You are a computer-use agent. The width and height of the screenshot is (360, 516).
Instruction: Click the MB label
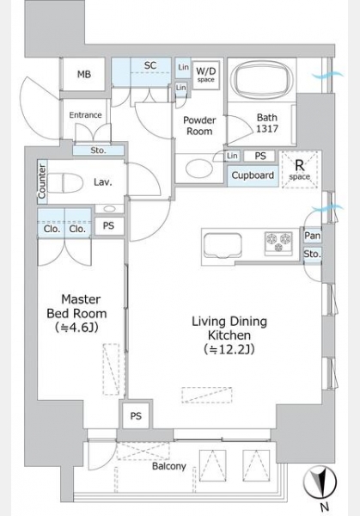click(x=84, y=74)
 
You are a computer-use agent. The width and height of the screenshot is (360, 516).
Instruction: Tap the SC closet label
click(x=149, y=65)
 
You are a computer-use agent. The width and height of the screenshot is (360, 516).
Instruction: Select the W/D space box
click(x=206, y=76)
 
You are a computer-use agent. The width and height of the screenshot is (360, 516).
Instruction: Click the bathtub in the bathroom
click(x=261, y=80)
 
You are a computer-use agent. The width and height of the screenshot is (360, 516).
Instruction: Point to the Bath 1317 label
click(x=267, y=123)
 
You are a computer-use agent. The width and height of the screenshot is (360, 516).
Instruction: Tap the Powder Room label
click(x=199, y=126)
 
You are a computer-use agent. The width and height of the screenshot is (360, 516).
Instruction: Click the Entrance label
click(x=85, y=115)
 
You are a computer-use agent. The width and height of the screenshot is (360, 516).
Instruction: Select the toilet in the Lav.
click(x=65, y=183)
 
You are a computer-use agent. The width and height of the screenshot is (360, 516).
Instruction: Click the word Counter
click(x=42, y=181)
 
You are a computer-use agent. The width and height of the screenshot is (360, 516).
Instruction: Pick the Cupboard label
click(x=253, y=175)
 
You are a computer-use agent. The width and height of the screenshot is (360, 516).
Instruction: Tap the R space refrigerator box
click(x=300, y=169)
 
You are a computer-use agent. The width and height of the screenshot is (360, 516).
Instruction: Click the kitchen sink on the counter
click(x=223, y=245)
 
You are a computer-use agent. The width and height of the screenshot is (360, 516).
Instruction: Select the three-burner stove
click(x=278, y=243)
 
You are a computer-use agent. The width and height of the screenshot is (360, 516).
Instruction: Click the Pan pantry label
click(x=313, y=236)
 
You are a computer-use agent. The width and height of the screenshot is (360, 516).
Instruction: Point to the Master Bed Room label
click(x=77, y=313)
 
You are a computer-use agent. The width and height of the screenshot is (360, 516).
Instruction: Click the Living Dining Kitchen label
click(x=229, y=335)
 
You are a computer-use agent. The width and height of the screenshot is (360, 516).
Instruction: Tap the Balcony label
click(x=169, y=466)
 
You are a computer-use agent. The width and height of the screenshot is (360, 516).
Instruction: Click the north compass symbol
click(x=320, y=482)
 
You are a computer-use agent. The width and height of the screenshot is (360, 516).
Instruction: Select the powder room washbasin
click(x=197, y=168)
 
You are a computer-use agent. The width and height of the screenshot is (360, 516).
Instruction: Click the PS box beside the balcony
click(x=136, y=416)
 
